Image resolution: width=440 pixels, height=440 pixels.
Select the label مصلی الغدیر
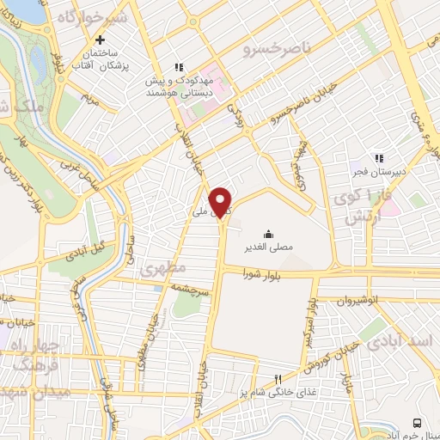(x=270, y=247)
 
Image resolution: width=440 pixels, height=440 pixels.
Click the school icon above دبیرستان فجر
(x=378, y=157)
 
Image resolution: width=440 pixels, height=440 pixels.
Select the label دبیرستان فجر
(x=378, y=170)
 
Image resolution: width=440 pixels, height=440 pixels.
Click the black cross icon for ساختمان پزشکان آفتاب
(x=101, y=40)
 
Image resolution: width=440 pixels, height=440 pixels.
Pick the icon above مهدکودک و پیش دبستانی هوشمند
(x=178, y=66)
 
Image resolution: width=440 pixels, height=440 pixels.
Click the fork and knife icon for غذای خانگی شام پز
(x=277, y=379)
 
